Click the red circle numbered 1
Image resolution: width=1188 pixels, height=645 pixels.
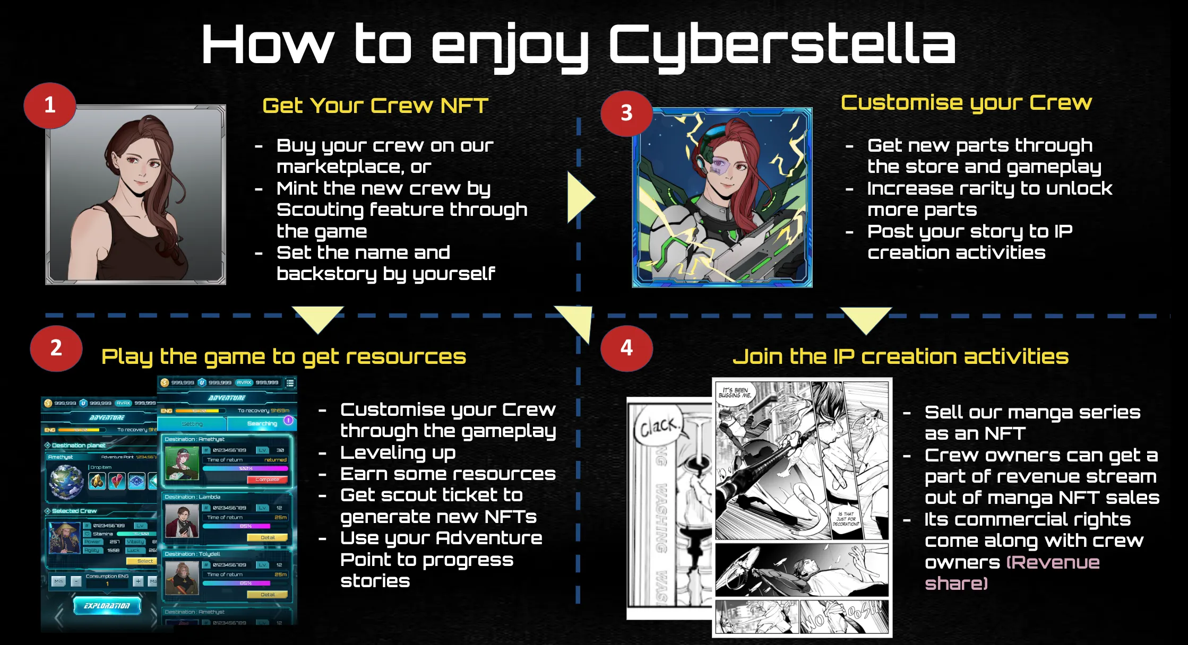tap(50, 105)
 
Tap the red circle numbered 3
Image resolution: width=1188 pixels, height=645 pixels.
tap(626, 113)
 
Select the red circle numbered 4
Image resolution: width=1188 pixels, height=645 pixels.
tap(626, 348)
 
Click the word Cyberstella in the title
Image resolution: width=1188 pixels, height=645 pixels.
tap(781, 46)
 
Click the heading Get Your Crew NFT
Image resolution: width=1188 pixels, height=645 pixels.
tap(375, 106)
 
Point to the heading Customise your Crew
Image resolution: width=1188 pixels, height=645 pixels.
tap(966, 102)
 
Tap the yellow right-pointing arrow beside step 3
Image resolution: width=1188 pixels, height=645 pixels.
tap(580, 197)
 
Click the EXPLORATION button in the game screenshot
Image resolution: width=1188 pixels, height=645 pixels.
tap(107, 605)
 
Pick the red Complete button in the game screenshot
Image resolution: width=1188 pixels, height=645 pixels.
tap(267, 480)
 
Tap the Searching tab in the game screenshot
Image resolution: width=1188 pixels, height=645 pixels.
tap(262, 423)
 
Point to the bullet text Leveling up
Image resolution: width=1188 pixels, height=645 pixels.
tap(398, 452)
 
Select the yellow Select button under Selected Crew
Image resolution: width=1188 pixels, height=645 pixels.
tap(144, 561)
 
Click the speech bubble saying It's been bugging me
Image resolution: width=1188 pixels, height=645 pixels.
tap(735, 393)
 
